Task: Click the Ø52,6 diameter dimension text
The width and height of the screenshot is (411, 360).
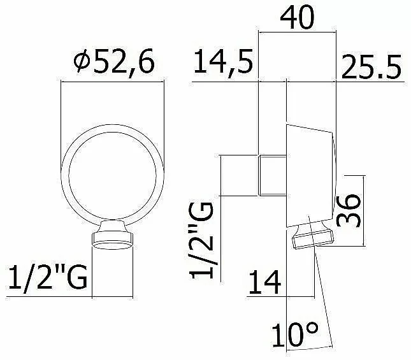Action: click(114, 61)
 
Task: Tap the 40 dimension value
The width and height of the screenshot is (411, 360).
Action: click(297, 18)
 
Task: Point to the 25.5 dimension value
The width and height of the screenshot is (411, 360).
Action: click(371, 67)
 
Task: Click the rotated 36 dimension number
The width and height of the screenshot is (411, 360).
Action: click(349, 210)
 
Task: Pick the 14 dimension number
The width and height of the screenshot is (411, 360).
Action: click(264, 282)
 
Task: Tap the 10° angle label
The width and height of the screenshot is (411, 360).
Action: click(295, 335)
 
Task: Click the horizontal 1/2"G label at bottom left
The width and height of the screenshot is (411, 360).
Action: click(48, 277)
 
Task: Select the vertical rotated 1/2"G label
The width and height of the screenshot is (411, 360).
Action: click(201, 241)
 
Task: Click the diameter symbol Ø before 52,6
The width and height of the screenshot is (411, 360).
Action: click(82, 61)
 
